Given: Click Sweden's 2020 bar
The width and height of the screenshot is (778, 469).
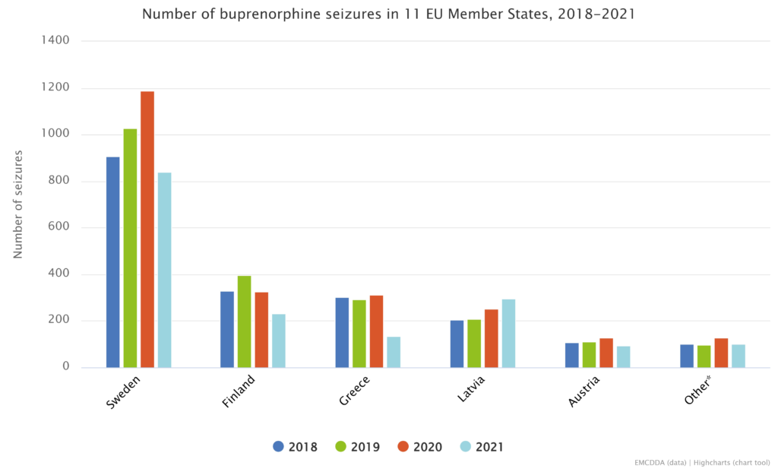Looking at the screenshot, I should [147, 229].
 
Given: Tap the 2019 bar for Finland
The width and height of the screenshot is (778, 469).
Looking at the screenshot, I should [244, 322].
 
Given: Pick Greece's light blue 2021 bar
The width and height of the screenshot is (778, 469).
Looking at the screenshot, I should [394, 352].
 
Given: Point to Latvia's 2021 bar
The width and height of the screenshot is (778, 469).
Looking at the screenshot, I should [508, 333].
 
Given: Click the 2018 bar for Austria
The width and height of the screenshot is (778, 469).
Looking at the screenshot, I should [572, 355].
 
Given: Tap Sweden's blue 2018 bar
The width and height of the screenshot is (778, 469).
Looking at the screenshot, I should [113, 261].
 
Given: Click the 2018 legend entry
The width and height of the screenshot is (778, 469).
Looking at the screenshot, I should [296, 447].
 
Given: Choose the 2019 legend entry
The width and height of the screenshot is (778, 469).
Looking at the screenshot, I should [358, 447].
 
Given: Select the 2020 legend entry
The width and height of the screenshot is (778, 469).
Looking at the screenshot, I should [420, 447].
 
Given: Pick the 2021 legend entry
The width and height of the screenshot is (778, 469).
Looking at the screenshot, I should [482, 447].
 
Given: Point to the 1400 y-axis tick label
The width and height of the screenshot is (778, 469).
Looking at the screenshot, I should [55, 41].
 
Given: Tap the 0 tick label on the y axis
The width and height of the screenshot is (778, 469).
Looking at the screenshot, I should [66, 367].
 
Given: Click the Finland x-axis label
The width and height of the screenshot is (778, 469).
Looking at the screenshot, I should [239, 391].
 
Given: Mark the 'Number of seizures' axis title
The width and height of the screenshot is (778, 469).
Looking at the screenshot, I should [18, 204].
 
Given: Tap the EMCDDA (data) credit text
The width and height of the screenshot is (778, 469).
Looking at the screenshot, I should [660, 461].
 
